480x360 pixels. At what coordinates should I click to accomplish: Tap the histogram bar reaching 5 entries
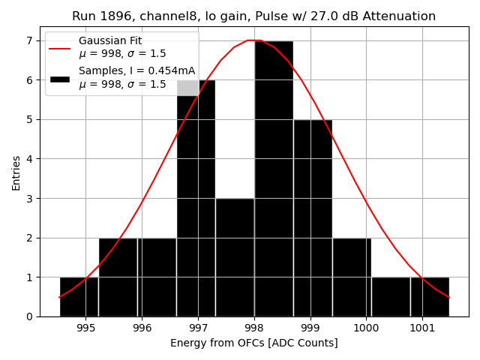point(312,217)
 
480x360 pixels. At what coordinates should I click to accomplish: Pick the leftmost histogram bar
point(79,296)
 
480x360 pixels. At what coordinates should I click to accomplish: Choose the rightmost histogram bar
point(430,296)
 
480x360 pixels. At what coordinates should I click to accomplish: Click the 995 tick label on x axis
point(85,328)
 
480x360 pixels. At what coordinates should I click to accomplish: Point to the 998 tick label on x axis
point(253,328)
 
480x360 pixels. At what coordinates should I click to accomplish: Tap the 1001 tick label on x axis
point(421,328)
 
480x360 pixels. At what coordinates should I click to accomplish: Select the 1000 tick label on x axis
point(366,328)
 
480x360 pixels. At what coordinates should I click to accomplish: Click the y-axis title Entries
point(16,173)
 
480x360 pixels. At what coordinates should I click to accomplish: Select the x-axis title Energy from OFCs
point(253,343)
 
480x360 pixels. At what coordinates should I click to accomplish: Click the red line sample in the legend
point(60,48)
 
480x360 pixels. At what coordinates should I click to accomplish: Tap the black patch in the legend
point(60,78)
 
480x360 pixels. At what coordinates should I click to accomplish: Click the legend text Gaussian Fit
point(110,41)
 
